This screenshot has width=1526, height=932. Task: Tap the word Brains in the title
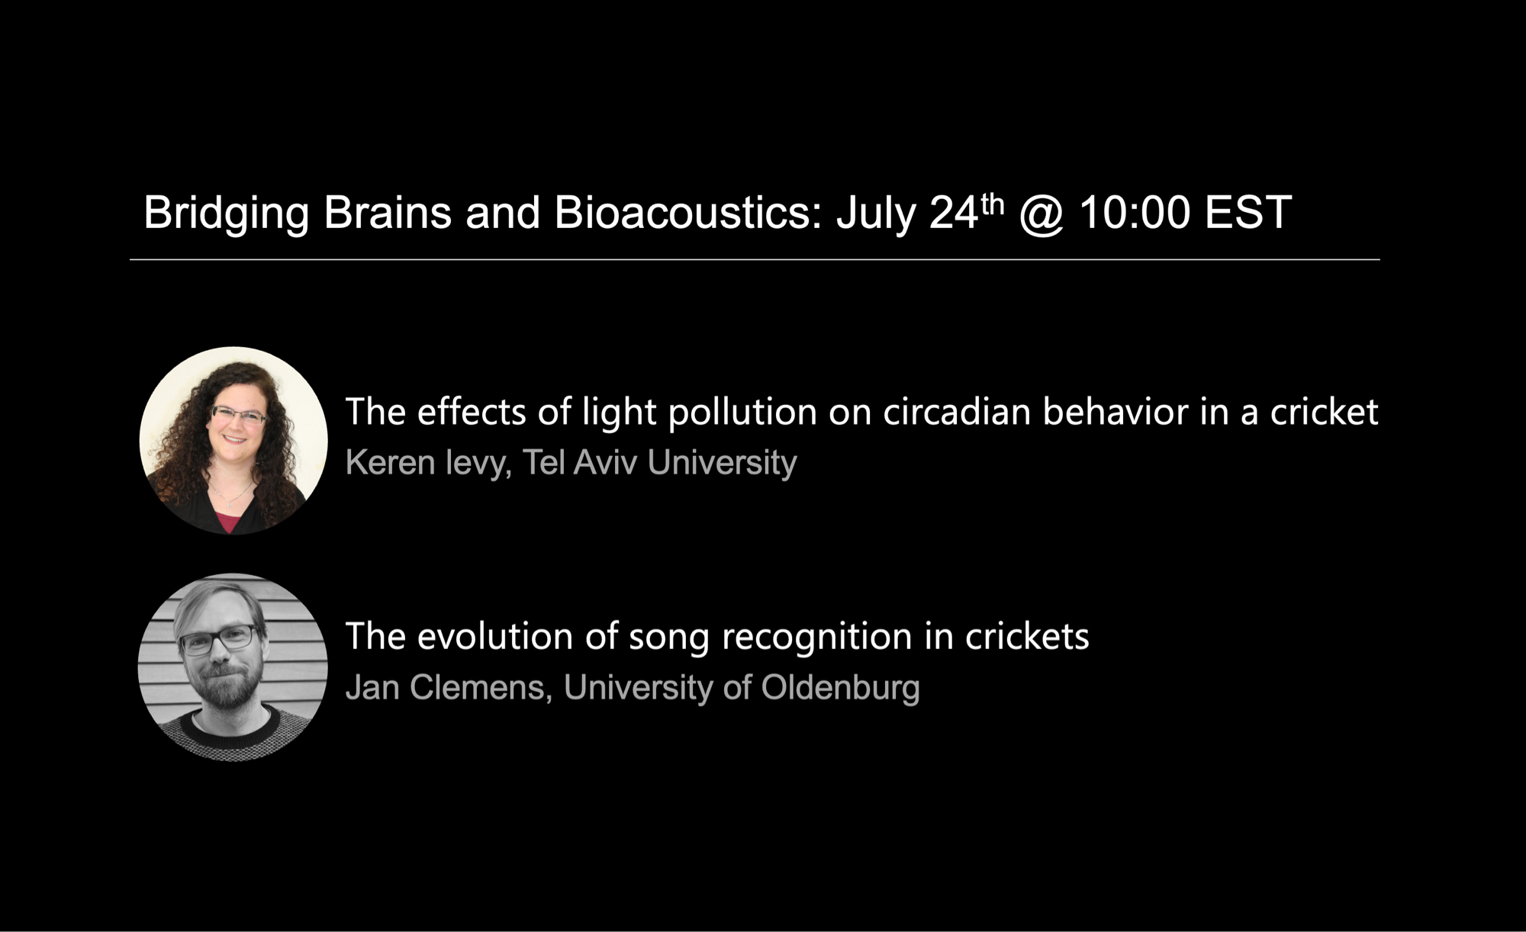(x=388, y=212)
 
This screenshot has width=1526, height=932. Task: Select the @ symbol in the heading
(x=1041, y=214)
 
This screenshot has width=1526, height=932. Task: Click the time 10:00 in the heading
(x=1135, y=212)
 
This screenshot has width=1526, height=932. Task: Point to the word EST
(x=1248, y=212)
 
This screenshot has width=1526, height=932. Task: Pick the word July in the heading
(x=875, y=214)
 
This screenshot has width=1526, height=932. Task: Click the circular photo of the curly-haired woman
(x=233, y=441)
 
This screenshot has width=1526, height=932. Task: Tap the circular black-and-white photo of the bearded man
(x=233, y=667)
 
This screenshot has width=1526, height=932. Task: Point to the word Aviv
(x=605, y=462)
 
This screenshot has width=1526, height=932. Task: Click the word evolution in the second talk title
(x=495, y=636)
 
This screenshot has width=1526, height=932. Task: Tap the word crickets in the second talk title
(x=1027, y=636)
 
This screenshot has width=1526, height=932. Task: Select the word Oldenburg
(x=840, y=689)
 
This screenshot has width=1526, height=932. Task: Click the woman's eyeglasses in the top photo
(x=238, y=416)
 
